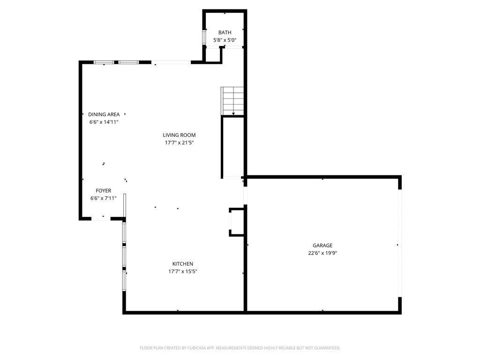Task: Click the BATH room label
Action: click(x=225, y=32)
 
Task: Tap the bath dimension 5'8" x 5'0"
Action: click(x=225, y=40)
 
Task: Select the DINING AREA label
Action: click(x=104, y=114)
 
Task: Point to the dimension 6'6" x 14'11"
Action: click(x=104, y=122)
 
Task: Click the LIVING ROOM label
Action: click(x=179, y=135)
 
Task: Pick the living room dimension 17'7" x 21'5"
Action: click(x=179, y=142)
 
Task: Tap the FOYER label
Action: click(x=103, y=191)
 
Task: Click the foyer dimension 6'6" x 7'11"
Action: click(x=103, y=198)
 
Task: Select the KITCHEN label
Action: click(x=182, y=264)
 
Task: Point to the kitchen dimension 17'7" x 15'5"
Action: click(x=182, y=271)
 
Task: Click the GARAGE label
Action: click(x=322, y=245)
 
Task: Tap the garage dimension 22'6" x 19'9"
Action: click(x=322, y=253)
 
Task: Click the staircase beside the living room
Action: click(x=233, y=101)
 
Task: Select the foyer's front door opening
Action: click(x=101, y=218)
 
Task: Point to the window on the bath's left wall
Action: click(x=204, y=37)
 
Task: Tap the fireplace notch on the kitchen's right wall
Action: click(x=236, y=222)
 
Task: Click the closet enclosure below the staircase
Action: click(x=232, y=146)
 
